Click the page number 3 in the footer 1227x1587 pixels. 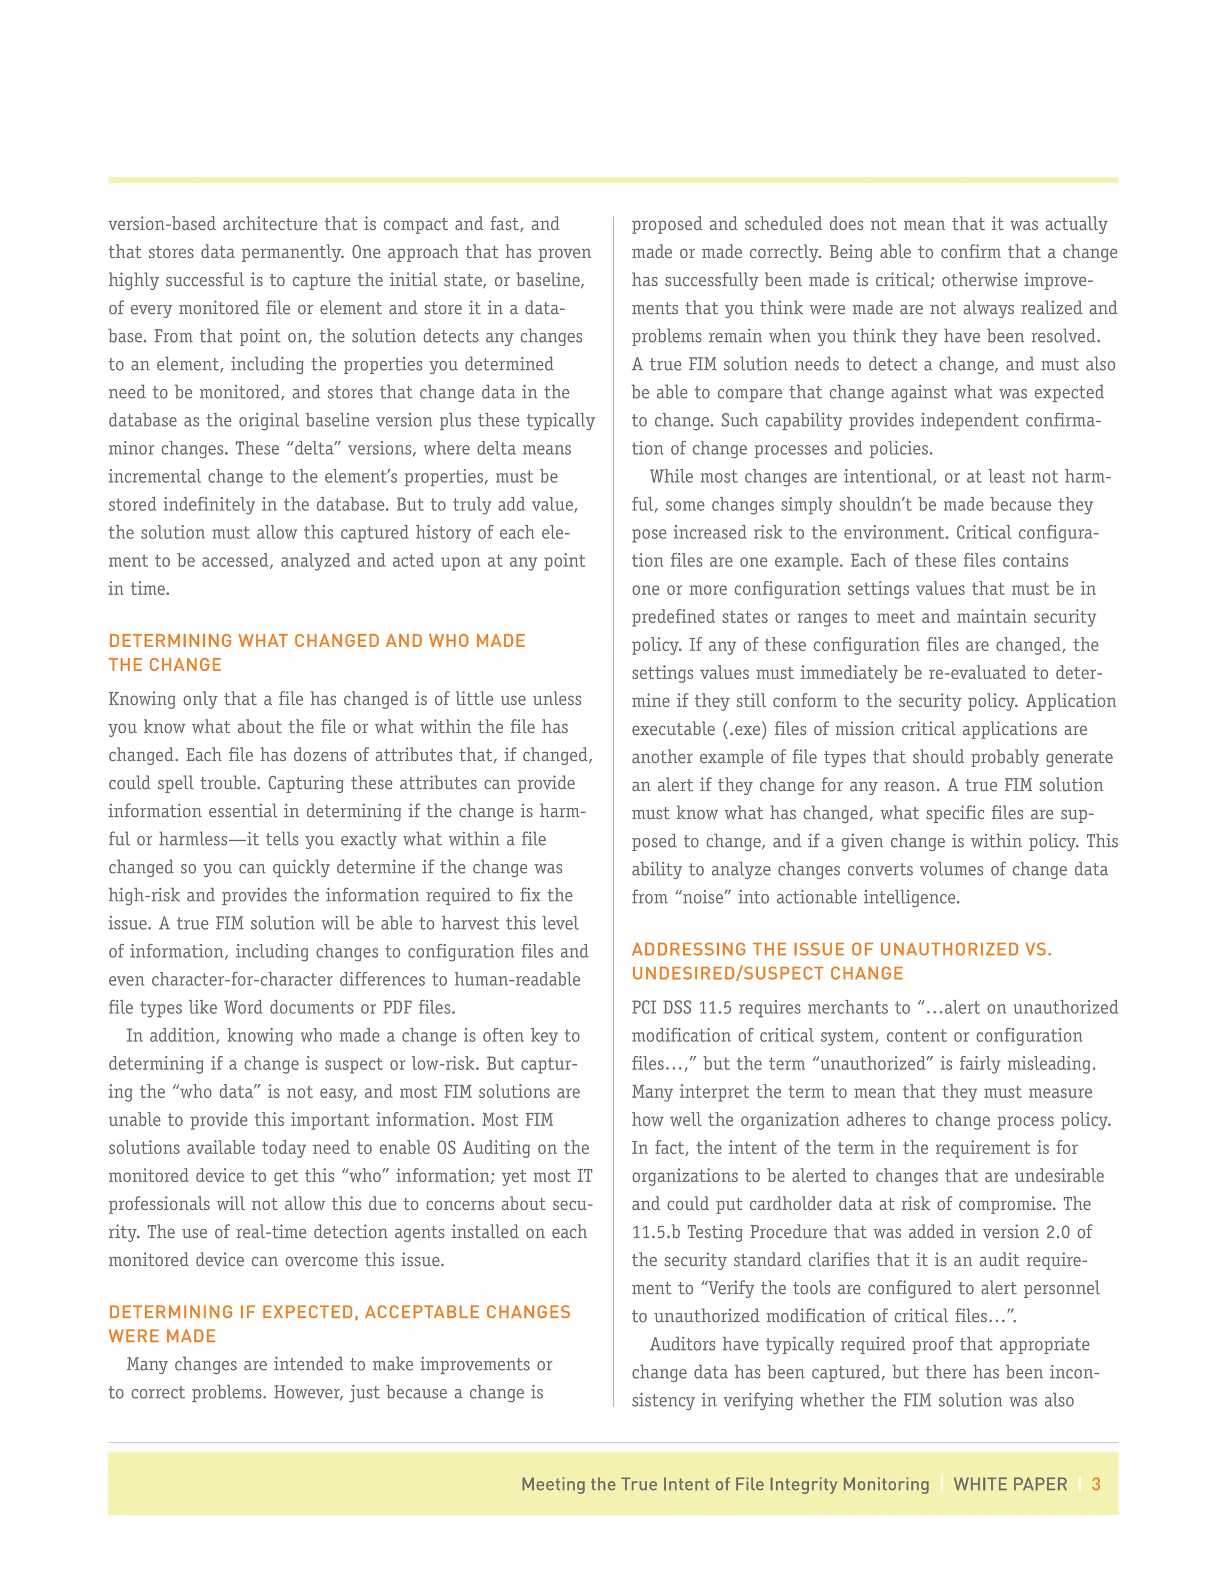[x=1096, y=1484]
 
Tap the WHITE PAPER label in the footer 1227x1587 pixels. [x=1010, y=1484]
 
